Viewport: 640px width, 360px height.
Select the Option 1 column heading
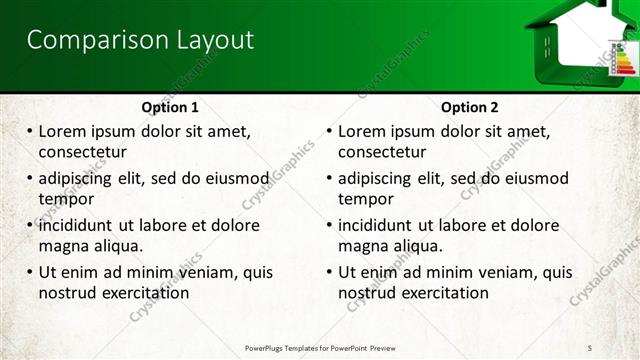click(x=170, y=107)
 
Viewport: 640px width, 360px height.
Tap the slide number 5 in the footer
click(x=591, y=346)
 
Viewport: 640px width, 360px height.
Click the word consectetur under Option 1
click(x=82, y=152)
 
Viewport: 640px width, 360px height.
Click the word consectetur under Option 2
click(x=382, y=152)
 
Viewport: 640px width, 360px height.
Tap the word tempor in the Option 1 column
click(x=66, y=199)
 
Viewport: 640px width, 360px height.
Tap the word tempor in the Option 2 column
click(x=366, y=199)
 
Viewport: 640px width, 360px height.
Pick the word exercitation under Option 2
click(x=445, y=293)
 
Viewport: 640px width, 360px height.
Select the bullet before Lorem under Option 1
click(x=30, y=131)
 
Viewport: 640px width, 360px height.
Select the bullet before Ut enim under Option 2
click(x=330, y=272)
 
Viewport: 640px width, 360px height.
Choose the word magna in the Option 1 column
click(x=62, y=246)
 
